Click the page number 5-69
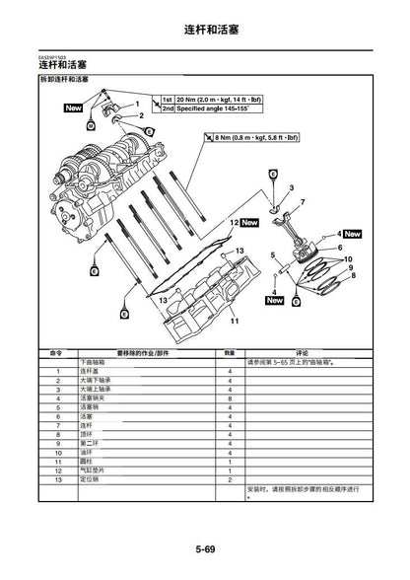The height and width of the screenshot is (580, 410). pos(205,547)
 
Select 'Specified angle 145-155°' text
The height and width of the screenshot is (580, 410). pos(216,110)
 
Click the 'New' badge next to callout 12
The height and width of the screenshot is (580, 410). pos(248,224)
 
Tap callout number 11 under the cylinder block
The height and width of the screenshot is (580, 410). pos(234,322)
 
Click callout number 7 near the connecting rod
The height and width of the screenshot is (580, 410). pos(302,202)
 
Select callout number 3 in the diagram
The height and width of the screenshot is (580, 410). pos(291,186)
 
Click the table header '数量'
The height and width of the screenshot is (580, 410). pos(229,352)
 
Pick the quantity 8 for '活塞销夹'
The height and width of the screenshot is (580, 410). pos(229,399)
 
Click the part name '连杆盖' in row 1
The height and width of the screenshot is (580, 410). pos(91,371)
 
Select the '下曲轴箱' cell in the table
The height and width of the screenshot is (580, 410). pos(94,362)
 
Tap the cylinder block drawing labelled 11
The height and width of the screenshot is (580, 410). pos(202,291)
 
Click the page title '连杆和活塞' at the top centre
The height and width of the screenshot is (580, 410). pos(205,31)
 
